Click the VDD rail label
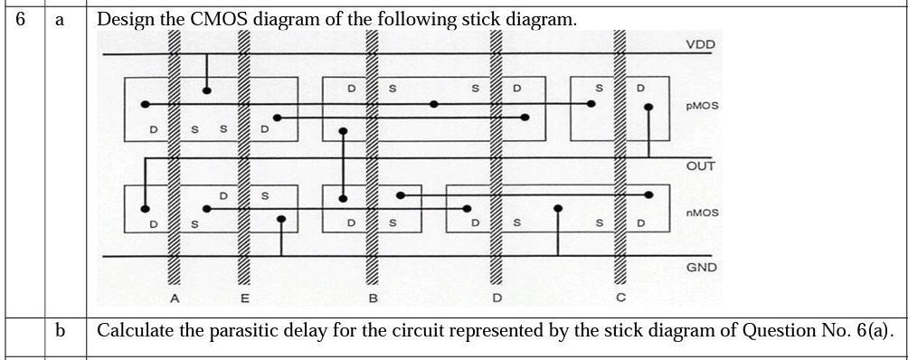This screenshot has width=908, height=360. point(699,44)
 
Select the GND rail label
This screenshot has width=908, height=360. point(701,268)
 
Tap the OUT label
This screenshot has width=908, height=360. point(700,166)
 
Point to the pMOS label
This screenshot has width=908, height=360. point(702,106)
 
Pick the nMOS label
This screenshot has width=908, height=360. point(702,213)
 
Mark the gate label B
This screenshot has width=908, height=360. point(372,297)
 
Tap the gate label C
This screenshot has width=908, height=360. point(620,297)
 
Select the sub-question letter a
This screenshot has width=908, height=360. point(61,19)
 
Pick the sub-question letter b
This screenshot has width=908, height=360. point(61,330)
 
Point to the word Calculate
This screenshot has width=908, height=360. point(135,330)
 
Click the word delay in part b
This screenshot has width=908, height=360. point(309,330)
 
